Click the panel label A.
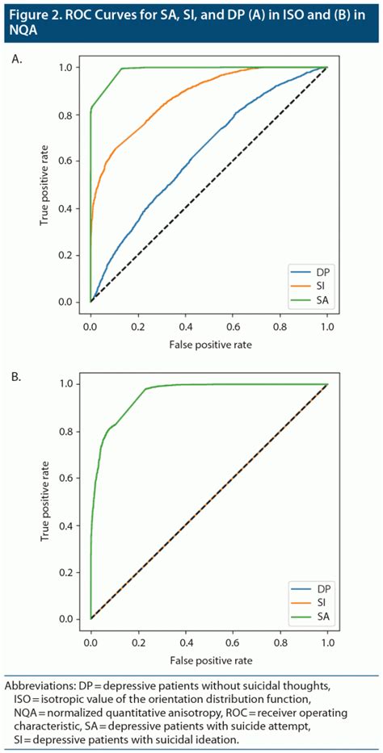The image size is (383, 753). [x=17, y=59]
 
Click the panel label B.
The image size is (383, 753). [x=17, y=375]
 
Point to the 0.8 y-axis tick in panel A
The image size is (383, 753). [x=75, y=115]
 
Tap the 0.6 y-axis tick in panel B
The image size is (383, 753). [x=75, y=478]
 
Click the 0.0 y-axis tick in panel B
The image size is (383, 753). [x=75, y=619]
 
